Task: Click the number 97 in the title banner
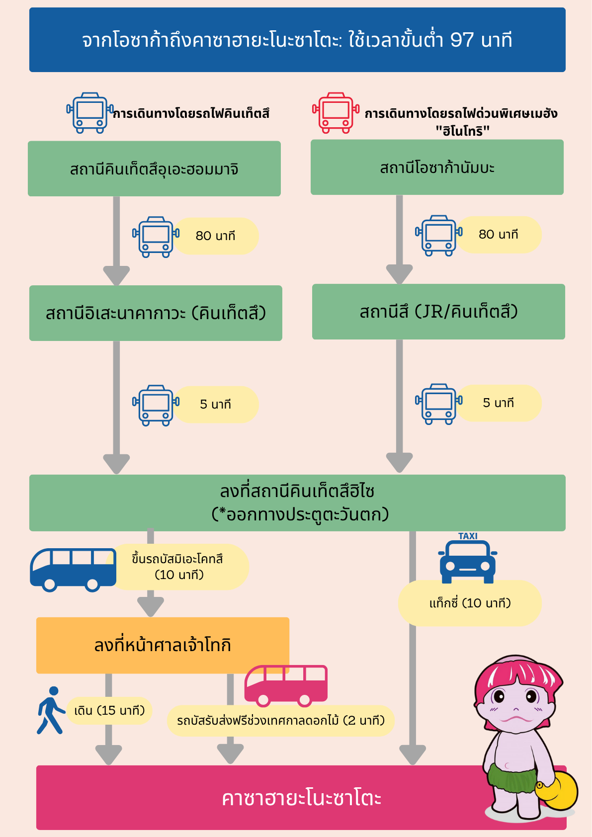462,40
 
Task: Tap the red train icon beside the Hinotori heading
336,113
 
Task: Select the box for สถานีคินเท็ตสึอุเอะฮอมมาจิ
155,168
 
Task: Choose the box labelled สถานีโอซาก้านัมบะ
437,167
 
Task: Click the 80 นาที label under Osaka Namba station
498,234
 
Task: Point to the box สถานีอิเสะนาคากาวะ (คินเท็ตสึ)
156,313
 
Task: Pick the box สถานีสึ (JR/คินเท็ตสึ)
438,312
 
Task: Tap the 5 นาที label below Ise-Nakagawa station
216,404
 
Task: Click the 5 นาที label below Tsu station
498,403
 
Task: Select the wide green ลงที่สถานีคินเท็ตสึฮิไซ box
298,502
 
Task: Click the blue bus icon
73,570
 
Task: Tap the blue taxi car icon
468,561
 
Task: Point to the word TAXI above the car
468,536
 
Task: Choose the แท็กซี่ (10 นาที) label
470,603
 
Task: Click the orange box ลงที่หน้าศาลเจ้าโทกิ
163,645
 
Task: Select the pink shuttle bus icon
286,686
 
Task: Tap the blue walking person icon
51,710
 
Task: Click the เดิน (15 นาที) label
109,710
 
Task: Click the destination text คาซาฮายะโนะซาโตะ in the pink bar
302,799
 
